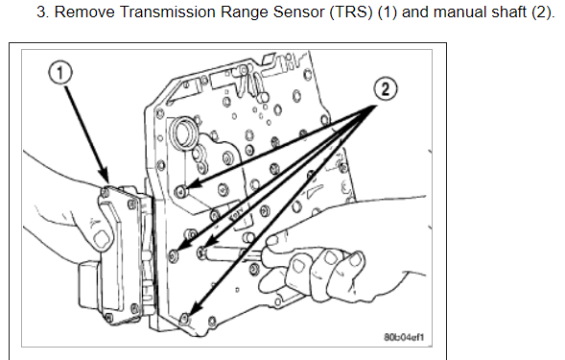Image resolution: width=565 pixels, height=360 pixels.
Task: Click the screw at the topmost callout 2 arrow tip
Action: tap(181, 192)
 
